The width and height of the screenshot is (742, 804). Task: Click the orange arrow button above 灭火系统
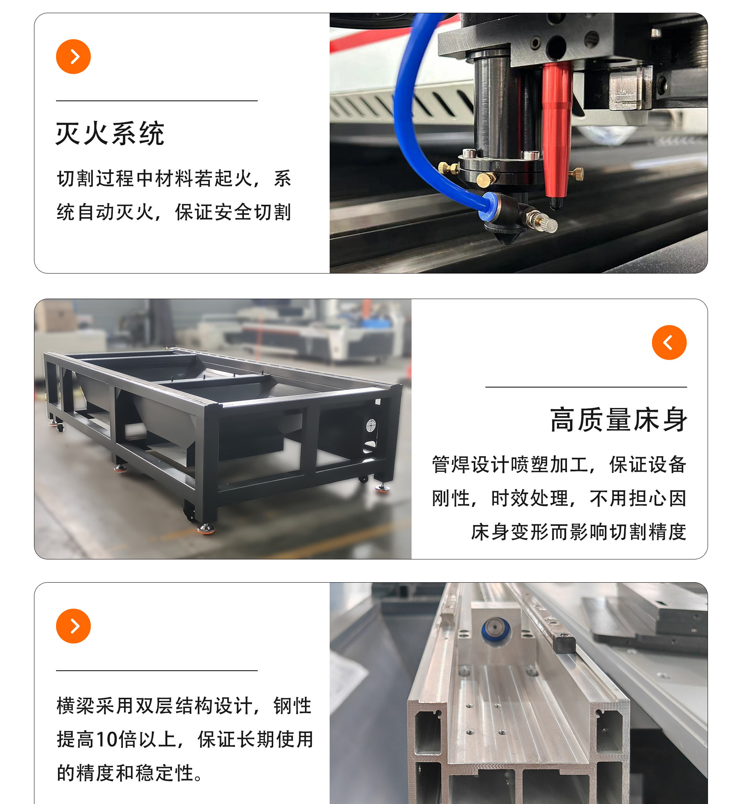[x=73, y=56]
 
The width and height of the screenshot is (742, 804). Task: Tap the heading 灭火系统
[x=110, y=133]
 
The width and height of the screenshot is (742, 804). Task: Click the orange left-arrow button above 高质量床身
[x=669, y=342]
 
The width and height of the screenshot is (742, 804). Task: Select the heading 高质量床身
[x=618, y=420]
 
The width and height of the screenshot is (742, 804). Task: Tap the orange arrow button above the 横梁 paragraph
[x=73, y=626]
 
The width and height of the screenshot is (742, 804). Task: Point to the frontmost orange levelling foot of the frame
[x=206, y=529]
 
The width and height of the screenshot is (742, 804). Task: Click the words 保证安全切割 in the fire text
[x=233, y=212]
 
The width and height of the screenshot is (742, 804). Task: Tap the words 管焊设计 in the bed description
[x=471, y=464]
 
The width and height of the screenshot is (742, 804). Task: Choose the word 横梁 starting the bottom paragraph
[x=76, y=705]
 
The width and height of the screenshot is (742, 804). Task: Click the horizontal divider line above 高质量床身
[x=586, y=387]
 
